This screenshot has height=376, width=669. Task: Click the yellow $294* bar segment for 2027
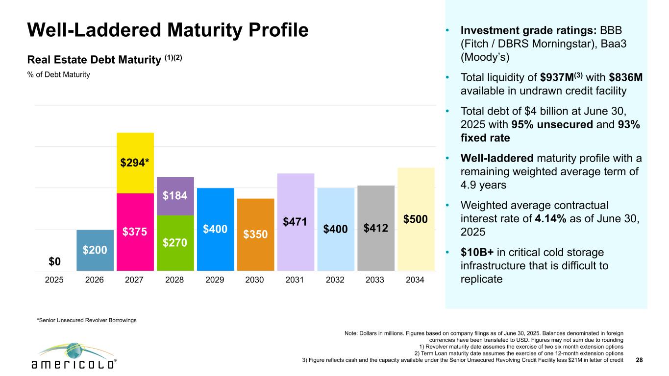tap(135, 163)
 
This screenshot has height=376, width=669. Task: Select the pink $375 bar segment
tap(135, 232)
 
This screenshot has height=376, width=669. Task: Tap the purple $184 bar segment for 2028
tap(175, 196)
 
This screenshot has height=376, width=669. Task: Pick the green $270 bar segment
tap(175, 243)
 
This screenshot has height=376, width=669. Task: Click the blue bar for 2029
tap(216, 229)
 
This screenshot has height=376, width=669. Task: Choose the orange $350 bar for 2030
tap(255, 235)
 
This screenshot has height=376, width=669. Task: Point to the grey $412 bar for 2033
tap(376, 228)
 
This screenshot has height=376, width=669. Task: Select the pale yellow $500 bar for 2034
tap(416, 219)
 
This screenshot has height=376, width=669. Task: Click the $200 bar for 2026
tap(95, 250)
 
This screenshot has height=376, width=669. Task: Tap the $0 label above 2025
tap(55, 262)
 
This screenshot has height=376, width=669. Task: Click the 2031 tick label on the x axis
tap(296, 281)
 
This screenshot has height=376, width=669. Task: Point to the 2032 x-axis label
tap(336, 281)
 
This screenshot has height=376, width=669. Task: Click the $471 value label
tap(296, 222)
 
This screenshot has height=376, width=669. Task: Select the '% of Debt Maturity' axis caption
tap(59, 75)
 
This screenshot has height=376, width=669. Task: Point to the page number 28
tap(639, 360)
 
